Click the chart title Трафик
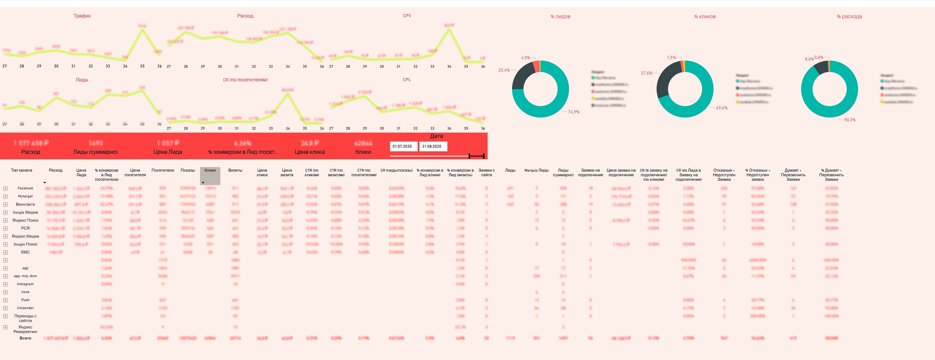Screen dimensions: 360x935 [x=82, y=16]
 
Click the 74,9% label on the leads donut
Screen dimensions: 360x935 [x=574, y=112]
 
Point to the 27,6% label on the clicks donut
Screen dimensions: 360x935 [x=646, y=73]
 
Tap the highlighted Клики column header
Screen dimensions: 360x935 [x=210, y=170]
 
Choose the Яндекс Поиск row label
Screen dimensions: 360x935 [x=25, y=220]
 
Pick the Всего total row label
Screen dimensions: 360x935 [x=25, y=338]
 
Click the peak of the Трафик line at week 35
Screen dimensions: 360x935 [x=142, y=30]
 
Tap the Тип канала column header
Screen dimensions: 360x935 [x=21, y=170]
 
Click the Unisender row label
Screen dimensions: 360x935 [x=25, y=308]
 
